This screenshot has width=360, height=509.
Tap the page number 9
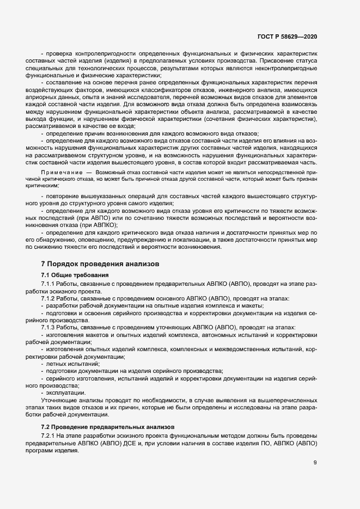pos(315,463)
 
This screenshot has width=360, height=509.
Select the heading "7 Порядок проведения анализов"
pos(100,263)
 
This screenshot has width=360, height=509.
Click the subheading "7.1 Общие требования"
pos(75,275)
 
